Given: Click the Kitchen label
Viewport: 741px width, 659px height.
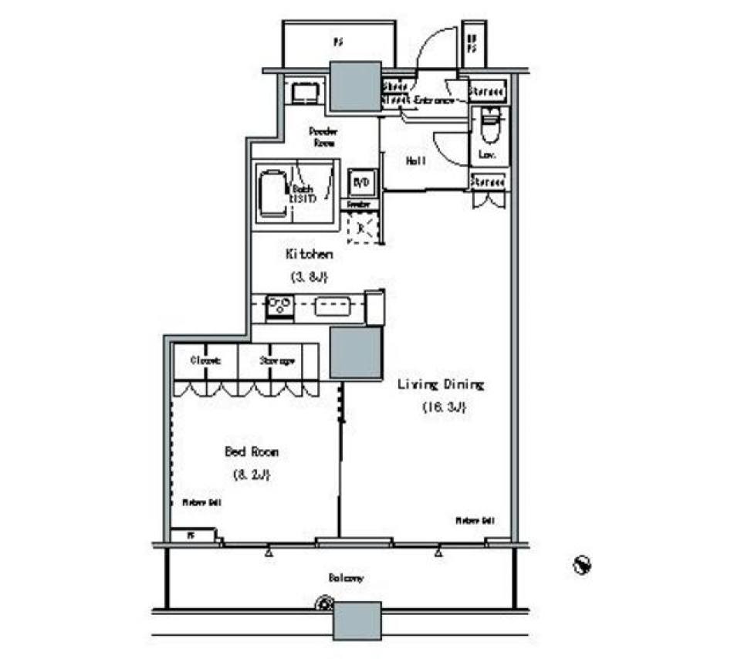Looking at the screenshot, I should click(309, 254).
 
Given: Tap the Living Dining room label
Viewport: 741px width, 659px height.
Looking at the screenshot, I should click(440, 384).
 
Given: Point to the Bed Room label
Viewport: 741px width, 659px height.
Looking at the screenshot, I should click(251, 452).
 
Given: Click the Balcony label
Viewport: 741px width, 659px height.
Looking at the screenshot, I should click(346, 577).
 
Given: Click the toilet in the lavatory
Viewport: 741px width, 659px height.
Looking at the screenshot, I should click(489, 127).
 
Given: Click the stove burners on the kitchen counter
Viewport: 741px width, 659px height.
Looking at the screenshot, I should click(278, 302).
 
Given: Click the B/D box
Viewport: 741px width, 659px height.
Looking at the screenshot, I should click(361, 183).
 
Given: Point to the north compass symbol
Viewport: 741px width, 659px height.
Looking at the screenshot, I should click(583, 566).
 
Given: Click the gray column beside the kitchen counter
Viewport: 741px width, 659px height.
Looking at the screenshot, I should click(356, 353).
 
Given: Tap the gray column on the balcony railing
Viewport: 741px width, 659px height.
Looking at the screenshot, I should click(357, 620).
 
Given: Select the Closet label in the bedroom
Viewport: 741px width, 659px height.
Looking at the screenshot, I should click(205, 360).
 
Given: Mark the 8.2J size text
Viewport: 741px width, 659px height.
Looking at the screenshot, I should click(251, 475).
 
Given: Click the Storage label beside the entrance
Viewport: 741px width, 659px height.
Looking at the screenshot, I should click(488, 91).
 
